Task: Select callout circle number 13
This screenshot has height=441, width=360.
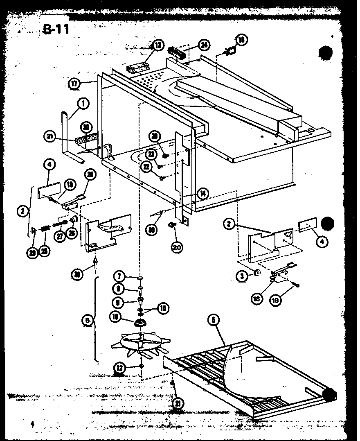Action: tap(158, 45)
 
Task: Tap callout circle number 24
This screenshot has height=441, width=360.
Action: tap(204, 45)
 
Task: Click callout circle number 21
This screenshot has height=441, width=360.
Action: tap(178, 403)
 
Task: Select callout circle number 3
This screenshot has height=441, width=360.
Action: tap(243, 276)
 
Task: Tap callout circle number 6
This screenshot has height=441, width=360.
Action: tap(87, 320)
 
